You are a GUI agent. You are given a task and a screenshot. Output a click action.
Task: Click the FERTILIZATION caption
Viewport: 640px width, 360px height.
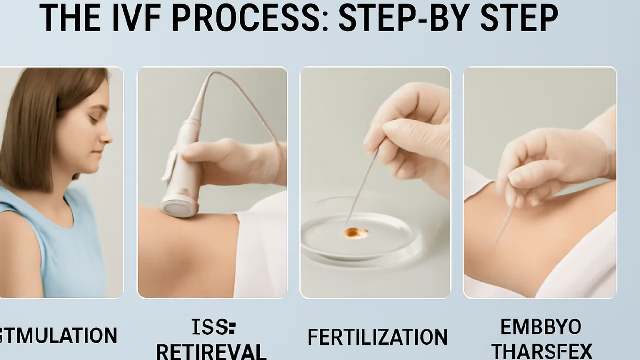(377, 337)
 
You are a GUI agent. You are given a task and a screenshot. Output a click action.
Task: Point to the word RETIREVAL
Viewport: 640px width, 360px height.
(212, 351)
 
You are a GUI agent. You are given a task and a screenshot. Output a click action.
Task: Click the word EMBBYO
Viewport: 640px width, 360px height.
(541, 327)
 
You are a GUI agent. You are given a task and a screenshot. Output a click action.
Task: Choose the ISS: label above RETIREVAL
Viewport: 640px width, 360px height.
(213, 328)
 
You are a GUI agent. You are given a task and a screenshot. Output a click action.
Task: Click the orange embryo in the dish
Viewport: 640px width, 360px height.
(356, 232)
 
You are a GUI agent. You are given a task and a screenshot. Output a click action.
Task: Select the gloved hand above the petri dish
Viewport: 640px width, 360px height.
(410, 135)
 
